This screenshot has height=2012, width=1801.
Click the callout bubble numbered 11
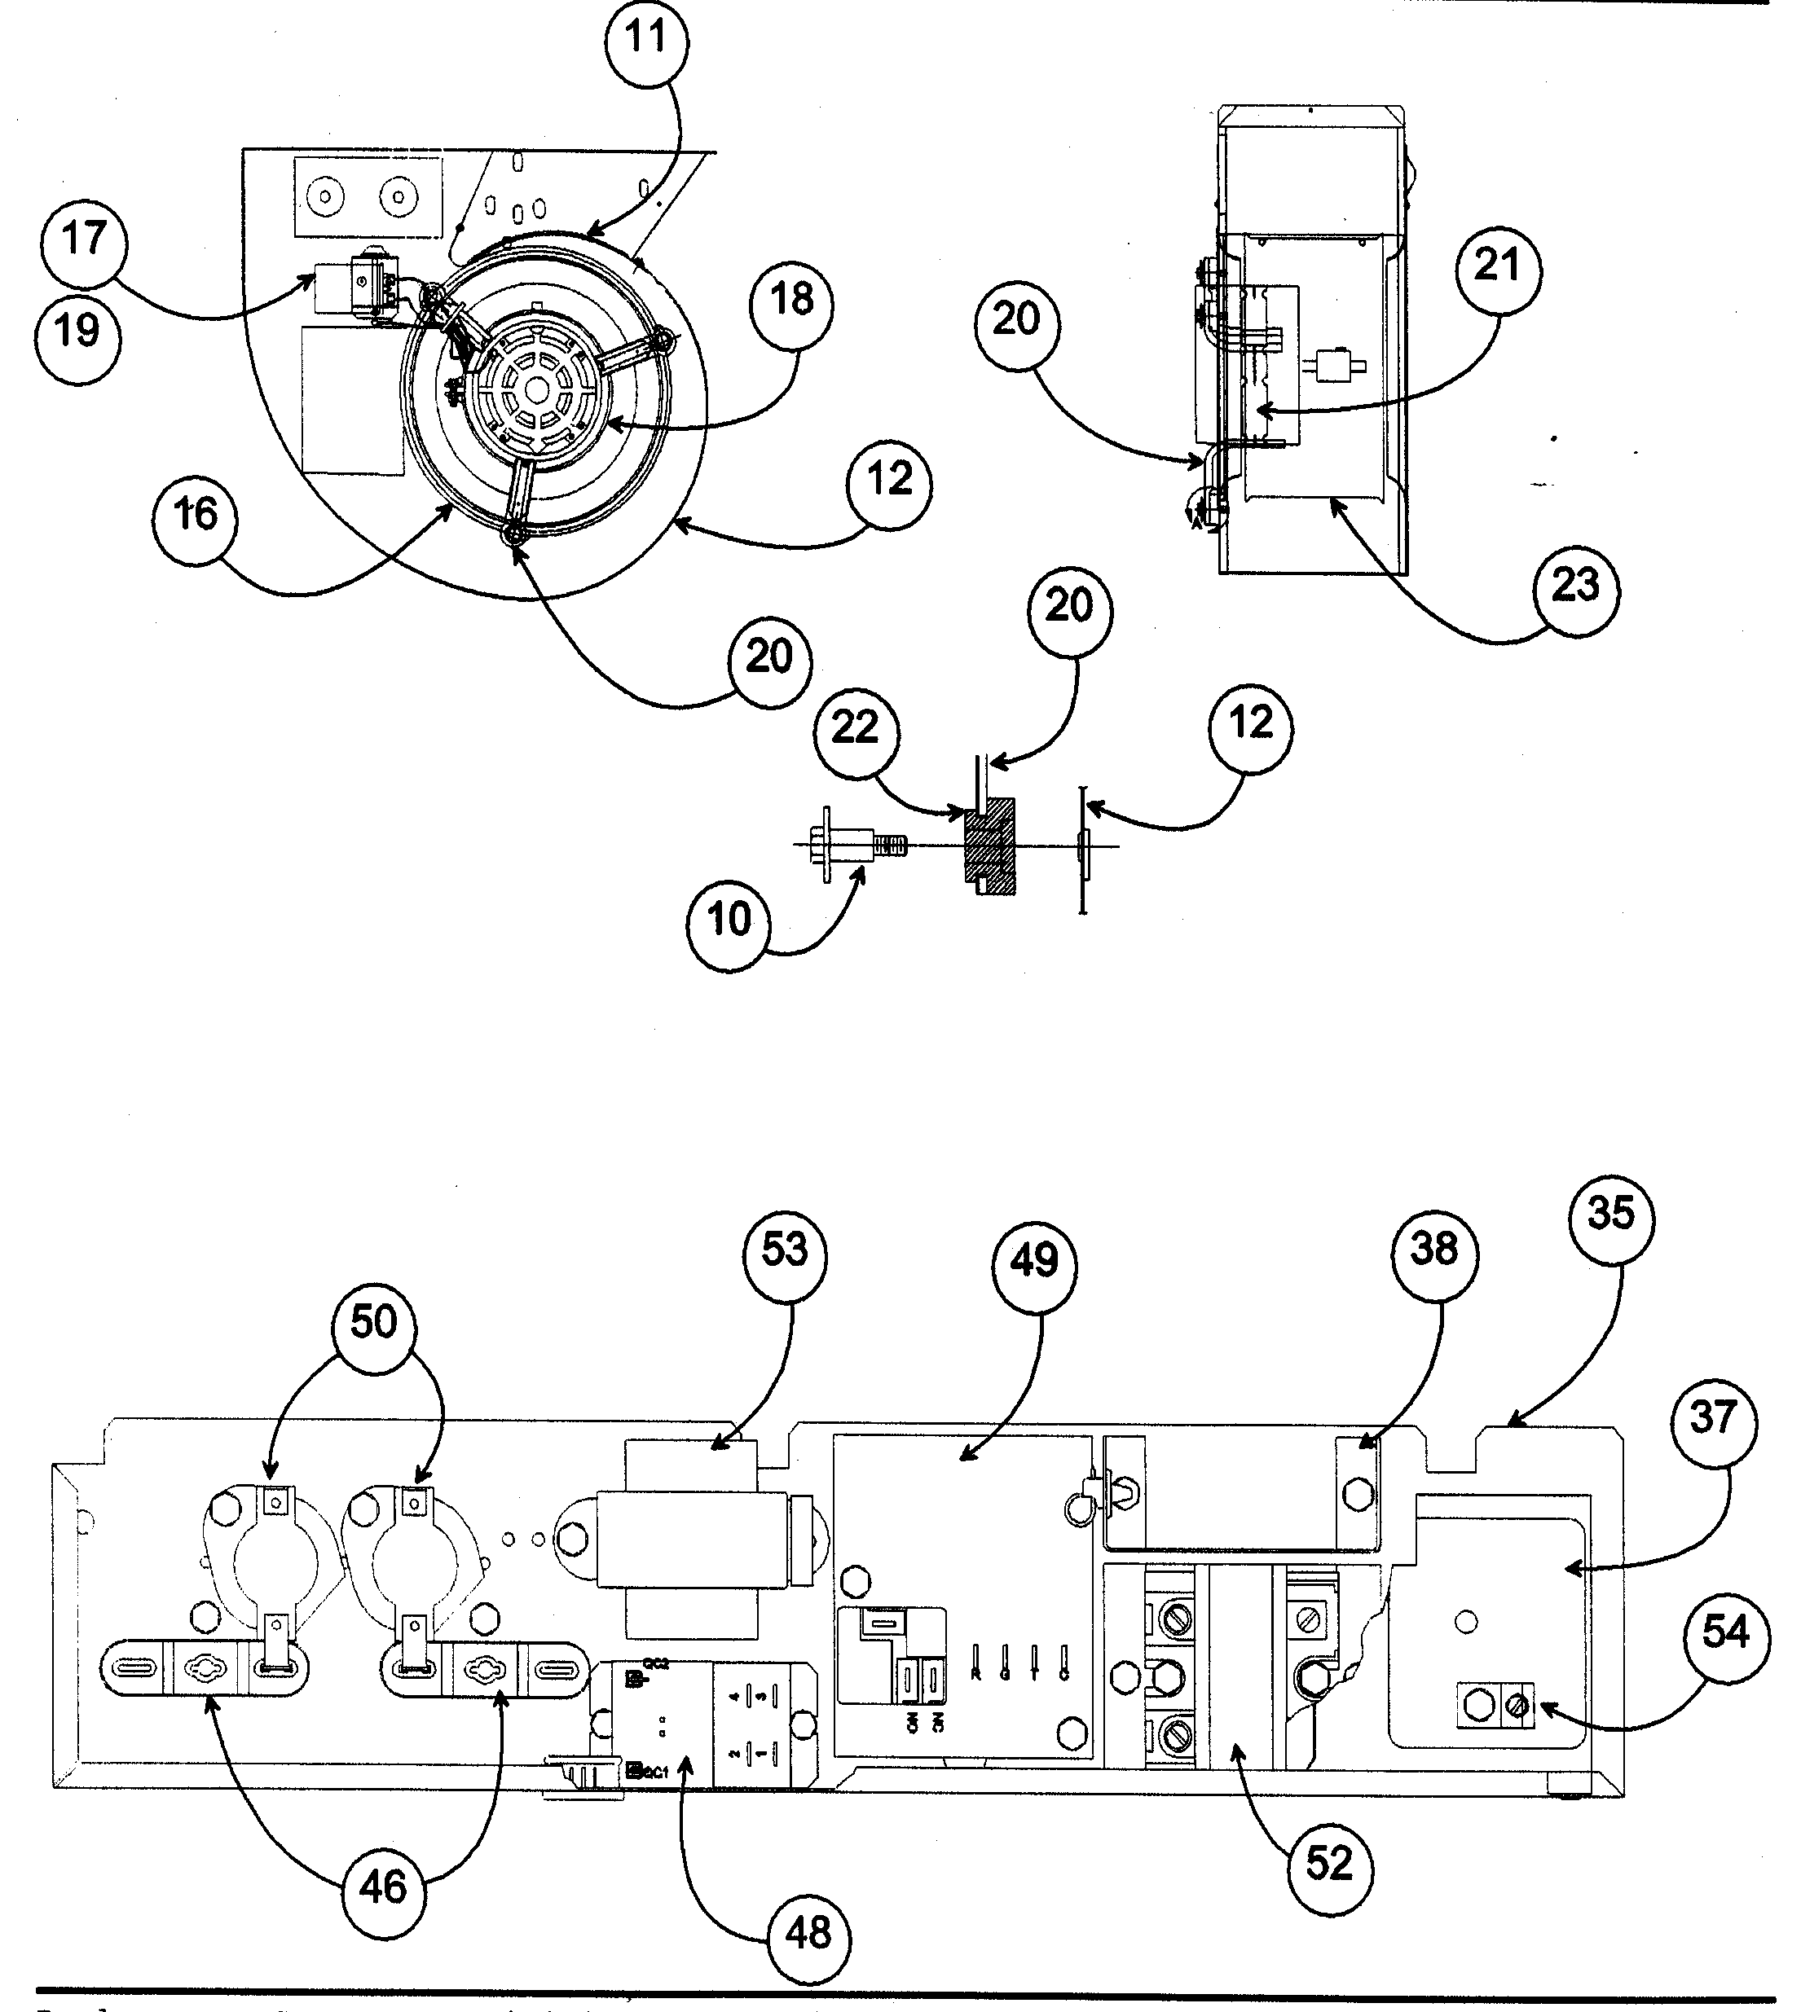tap(646, 41)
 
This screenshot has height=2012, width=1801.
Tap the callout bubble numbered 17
tap(84, 240)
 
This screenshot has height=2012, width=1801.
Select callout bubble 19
tap(77, 331)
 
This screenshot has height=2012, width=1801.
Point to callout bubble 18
tap(790, 300)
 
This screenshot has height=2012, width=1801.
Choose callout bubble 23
tap(1574, 586)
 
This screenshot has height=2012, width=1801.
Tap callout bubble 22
tap(855, 729)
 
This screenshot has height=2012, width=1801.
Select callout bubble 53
tap(785, 1250)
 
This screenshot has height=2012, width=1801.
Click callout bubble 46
tap(382, 1888)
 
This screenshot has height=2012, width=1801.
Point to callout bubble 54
tap(1724, 1633)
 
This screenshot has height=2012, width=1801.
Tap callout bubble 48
tap(808, 1933)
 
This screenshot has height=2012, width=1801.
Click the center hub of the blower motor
tap(535, 391)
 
